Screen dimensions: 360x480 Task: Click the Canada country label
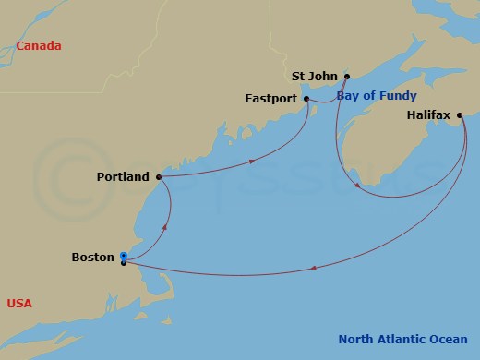38,45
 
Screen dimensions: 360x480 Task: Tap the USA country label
19,303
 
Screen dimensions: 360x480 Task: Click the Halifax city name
428,115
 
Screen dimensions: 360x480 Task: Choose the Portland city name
124,175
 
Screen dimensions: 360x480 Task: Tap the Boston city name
92,258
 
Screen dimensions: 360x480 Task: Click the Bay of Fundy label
377,95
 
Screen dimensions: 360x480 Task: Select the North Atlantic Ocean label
402,339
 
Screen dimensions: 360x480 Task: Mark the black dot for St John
347,77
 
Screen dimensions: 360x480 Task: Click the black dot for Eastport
307,97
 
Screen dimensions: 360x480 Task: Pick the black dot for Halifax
460,115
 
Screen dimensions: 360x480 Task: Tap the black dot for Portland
159,175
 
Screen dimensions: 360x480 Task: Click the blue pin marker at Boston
124,254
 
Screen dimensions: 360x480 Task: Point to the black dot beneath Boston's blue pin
124,263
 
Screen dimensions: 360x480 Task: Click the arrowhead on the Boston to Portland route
164,224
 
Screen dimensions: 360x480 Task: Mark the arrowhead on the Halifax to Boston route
315,269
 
